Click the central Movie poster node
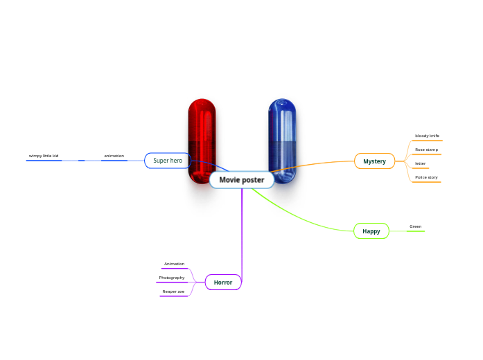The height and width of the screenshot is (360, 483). point(242,180)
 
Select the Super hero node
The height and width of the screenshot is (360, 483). point(167,161)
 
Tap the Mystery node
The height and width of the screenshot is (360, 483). point(374,161)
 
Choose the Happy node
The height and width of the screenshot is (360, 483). point(371,231)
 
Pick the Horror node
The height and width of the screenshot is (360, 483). point(223,282)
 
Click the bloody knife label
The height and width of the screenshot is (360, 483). point(427,136)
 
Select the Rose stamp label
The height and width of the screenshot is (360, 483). point(426,150)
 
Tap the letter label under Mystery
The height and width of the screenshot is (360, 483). point(420,163)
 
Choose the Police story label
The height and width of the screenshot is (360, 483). point(426,177)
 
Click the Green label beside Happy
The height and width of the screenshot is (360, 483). point(415,226)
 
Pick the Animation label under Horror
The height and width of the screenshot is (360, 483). point(174,264)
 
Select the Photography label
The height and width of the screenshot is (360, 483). point(172,278)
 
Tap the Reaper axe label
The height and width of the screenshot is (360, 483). point(173,291)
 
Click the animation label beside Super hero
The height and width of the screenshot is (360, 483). point(114,156)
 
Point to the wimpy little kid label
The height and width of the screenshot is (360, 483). point(44,156)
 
